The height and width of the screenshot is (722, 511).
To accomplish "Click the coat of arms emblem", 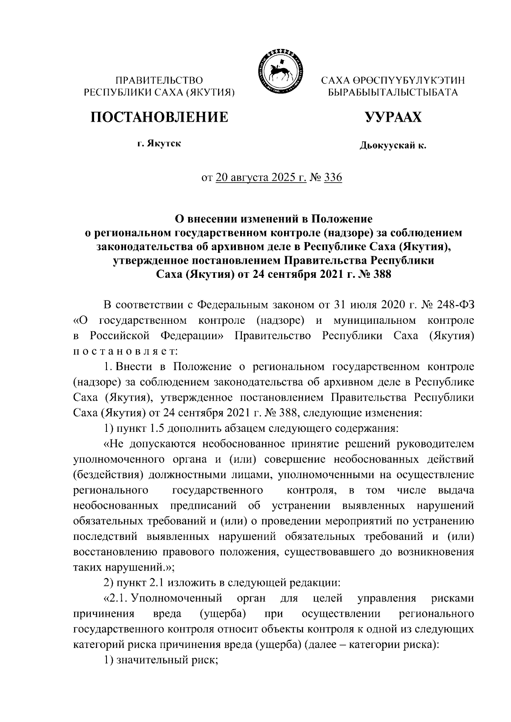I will point(278,71).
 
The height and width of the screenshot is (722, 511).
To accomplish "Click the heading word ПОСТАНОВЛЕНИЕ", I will point(158,117).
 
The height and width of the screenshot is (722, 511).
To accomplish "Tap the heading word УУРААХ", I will point(392,117).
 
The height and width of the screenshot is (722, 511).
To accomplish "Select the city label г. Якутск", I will point(159,144).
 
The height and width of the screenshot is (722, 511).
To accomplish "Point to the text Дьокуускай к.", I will point(392,146).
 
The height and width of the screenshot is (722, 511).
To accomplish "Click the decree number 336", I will point(333,177).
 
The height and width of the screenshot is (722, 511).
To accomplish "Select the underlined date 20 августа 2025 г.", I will point(261,177).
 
